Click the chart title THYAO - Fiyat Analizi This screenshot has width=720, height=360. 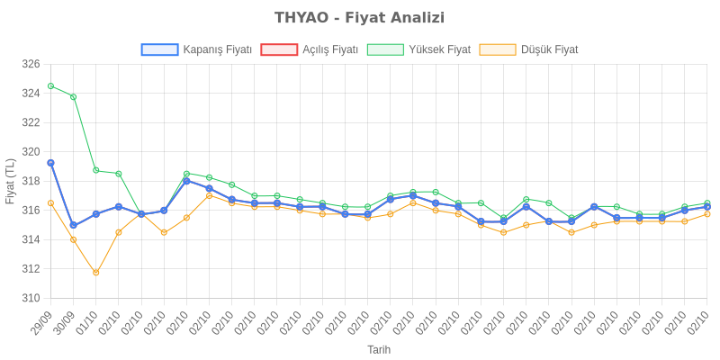point(359,18)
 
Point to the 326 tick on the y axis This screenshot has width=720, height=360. point(31,64)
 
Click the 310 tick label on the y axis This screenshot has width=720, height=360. point(31,298)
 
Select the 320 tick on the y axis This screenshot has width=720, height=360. point(31,151)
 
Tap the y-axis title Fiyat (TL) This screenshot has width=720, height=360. point(10,181)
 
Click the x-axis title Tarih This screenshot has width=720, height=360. point(379,349)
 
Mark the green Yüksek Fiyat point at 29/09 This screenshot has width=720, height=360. point(50,85)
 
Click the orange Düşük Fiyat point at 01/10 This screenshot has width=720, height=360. point(96,273)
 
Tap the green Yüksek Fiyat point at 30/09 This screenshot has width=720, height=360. point(73,96)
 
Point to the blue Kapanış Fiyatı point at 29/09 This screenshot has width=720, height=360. point(50,163)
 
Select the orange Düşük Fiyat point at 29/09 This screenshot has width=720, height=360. point(50,203)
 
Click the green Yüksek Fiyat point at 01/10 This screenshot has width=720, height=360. point(96,170)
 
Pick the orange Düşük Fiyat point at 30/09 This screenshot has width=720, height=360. point(73,239)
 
